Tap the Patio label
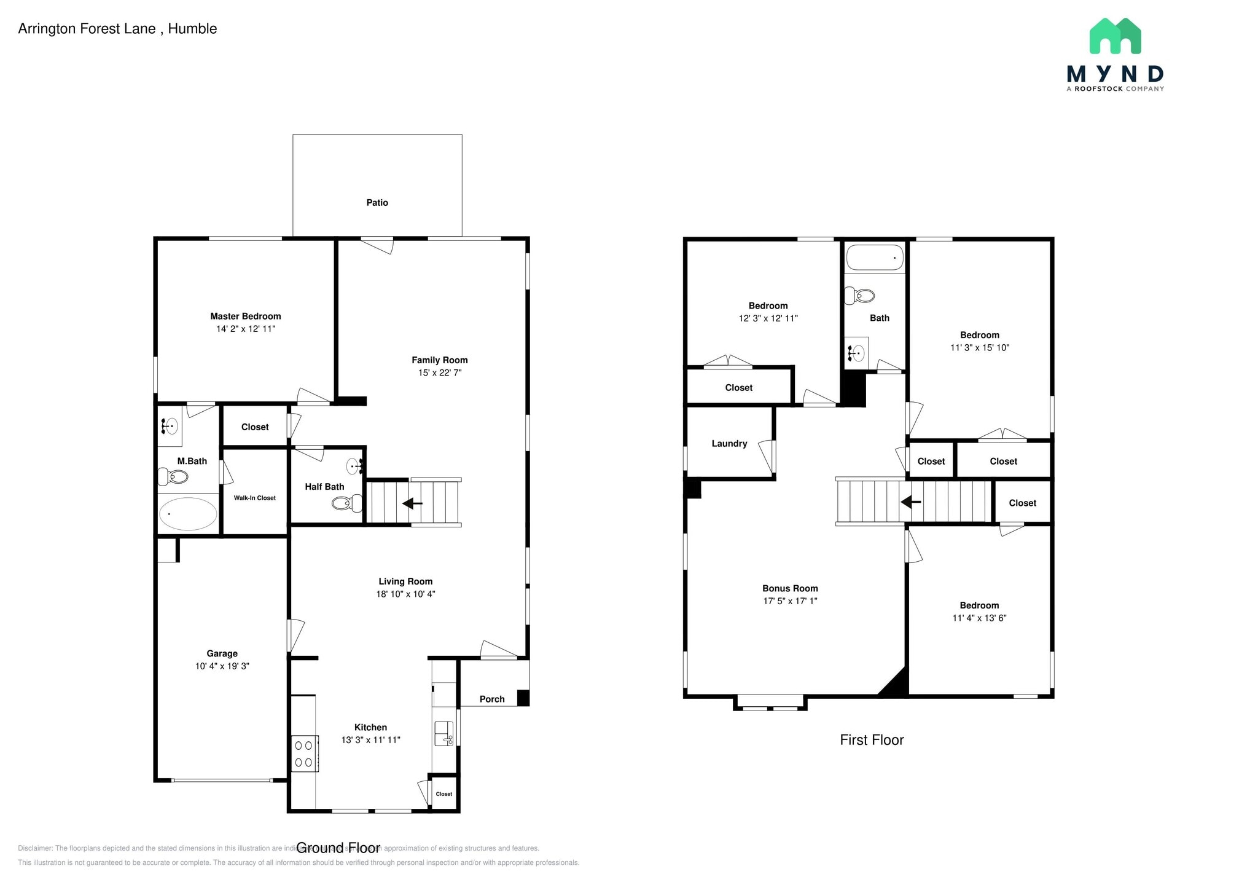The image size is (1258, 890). pos(377,202)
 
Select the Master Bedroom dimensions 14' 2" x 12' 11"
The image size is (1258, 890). pos(246,329)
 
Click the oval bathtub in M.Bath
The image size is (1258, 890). pos(188,514)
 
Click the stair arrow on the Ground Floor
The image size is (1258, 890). pos(412,503)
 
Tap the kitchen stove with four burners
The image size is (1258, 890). pos(304,754)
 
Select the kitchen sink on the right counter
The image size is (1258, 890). pos(443,733)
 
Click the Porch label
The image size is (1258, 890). pos(492,699)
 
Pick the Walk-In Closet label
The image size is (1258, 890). pos(254,498)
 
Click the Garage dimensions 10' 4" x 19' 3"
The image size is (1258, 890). pos(222,666)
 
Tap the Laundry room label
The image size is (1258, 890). pos(729,443)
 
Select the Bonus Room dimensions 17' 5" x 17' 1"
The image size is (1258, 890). pos(790,601)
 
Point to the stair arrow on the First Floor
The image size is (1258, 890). pos(910,502)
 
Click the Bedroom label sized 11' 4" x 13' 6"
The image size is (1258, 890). pos(979,605)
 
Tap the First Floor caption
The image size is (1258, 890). pos(872,740)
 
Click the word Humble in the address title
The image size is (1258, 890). pos(192,29)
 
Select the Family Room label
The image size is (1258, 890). pos(439,360)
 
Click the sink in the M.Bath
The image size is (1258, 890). pos(170,425)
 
